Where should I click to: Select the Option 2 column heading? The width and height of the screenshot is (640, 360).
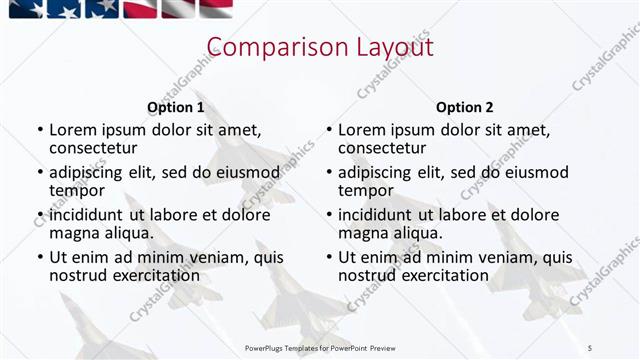pos(464,107)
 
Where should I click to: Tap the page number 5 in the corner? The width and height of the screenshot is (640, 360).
pos(590,346)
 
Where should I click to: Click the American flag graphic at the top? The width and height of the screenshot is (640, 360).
pos(120,10)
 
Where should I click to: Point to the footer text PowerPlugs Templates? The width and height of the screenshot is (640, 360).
pos(300,346)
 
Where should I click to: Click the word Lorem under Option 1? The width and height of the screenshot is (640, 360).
pos(73,130)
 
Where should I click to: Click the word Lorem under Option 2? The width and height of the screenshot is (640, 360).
pos(362,130)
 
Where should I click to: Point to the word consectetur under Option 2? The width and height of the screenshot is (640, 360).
pos(382,148)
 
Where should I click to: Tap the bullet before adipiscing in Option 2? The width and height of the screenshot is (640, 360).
pos(328,173)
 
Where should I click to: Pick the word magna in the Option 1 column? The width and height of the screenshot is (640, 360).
pos(73,233)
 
